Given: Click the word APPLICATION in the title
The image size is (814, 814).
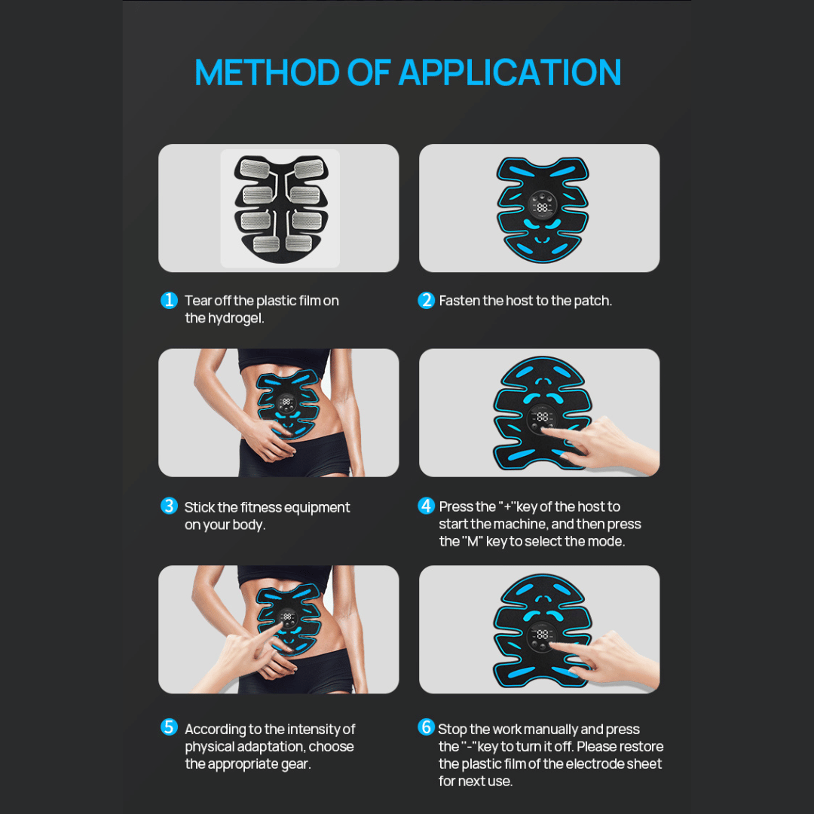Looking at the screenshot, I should click(510, 72).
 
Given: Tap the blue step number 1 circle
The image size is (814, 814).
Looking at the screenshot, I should click(170, 300).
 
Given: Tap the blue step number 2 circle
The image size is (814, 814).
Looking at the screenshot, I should click(427, 300).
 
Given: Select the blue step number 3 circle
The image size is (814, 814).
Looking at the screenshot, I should click(170, 506).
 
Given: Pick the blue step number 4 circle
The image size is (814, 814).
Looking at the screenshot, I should click(427, 506).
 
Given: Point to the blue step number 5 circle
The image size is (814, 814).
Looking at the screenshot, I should click(170, 727).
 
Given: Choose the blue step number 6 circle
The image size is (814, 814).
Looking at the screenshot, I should click(427, 727).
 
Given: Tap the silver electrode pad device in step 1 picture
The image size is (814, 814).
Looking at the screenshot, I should click(280, 207).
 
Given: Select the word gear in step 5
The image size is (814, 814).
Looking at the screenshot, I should click(294, 764).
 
